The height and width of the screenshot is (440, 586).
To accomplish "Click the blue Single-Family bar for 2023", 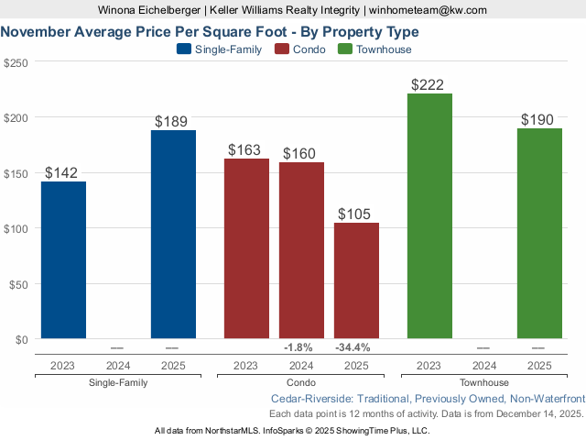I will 63,260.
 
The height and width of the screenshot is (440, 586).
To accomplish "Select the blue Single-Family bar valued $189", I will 173,235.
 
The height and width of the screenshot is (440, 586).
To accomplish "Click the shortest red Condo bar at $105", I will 356,281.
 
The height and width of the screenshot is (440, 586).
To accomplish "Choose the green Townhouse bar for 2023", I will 429,216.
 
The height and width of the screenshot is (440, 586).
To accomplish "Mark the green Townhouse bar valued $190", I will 539,234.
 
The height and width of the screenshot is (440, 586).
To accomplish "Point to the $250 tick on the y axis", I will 16,62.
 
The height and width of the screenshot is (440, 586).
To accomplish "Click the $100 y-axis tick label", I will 16,228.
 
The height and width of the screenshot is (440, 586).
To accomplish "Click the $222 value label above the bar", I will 428,85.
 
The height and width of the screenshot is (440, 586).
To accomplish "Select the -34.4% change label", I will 353,347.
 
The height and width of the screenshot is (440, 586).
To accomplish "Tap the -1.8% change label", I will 298,347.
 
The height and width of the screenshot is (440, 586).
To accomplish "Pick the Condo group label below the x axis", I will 301,382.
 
